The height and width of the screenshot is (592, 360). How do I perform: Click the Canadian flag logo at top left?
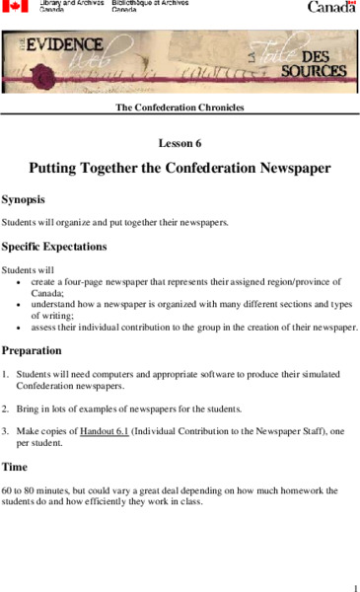(x=15, y=6)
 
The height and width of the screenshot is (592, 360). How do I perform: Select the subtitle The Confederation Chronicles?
(x=180, y=107)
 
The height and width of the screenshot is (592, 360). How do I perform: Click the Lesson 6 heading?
(x=180, y=143)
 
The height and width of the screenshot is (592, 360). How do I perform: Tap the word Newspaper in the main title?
(x=285, y=168)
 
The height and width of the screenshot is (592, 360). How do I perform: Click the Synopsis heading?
(x=30, y=198)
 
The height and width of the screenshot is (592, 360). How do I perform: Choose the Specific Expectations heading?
(x=54, y=246)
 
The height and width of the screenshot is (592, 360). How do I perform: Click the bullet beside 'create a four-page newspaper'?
(x=21, y=282)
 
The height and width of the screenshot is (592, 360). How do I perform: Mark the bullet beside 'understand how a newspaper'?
(x=21, y=305)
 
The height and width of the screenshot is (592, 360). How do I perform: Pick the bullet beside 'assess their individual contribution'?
(x=21, y=328)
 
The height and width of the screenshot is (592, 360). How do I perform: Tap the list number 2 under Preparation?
(x=5, y=407)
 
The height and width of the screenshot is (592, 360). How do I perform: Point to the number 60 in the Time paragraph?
(x=7, y=489)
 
